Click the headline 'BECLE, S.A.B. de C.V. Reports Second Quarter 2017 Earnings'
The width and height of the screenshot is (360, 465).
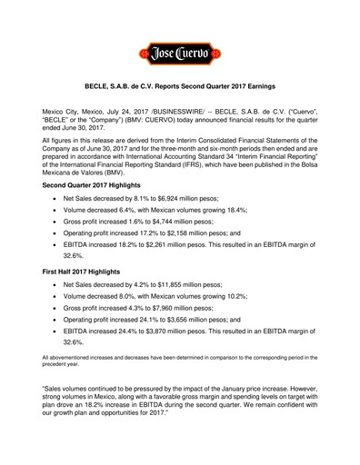[x=180, y=93]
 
